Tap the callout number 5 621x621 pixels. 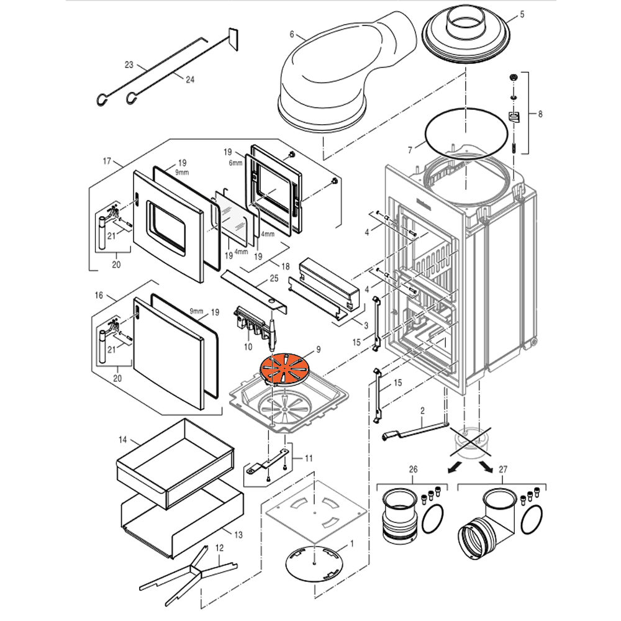pyautogui.click(x=521, y=14)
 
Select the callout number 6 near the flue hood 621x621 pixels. pyautogui.click(x=292, y=35)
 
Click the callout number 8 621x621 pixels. pyautogui.click(x=540, y=114)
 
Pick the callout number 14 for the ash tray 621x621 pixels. pyautogui.click(x=123, y=440)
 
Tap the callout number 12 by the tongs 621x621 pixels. pyautogui.click(x=219, y=548)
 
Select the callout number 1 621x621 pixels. pyautogui.click(x=351, y=543)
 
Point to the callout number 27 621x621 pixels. pyautogui.click(x=503, y=469)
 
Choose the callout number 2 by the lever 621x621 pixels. pyautogui.click(x=422, y=410)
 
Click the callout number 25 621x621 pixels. pyautogui.click(x=273, y=279)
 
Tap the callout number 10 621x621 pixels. pyautogui.click(x=248, y=346)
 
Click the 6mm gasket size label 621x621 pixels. pyautogui.click(x=234, y=163)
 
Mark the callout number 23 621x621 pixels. pyautogui.click(x=129, y=65)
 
